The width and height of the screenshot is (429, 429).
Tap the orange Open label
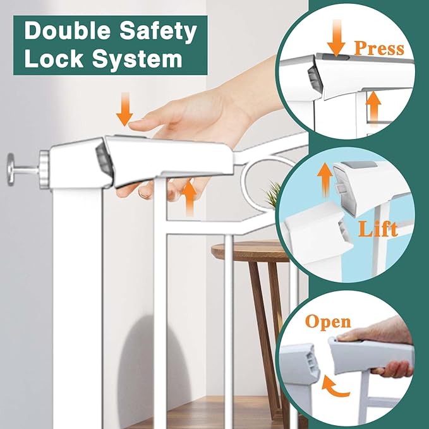tap(328, 322)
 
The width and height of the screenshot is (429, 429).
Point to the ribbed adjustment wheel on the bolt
tap(44, 167)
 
